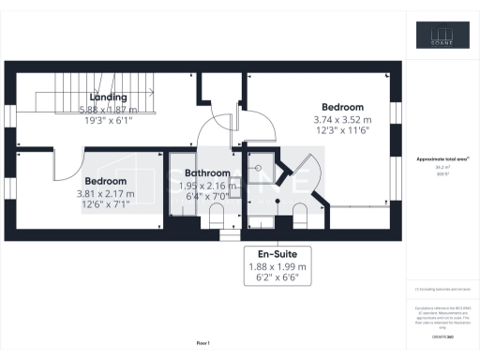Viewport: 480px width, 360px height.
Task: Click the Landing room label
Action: (109, 97)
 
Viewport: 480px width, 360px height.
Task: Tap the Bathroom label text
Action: (207, 173)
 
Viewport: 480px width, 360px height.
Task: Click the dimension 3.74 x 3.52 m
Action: (342, 120)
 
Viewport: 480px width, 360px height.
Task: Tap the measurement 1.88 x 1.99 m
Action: (277, 265)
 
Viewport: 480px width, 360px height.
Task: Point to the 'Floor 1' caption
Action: (203, 342)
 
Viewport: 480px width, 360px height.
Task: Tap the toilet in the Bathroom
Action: (217, 218)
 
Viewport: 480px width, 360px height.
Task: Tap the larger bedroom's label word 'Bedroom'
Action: (342, 107)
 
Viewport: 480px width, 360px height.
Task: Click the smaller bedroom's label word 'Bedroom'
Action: (105, 181)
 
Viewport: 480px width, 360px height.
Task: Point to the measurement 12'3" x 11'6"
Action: (342, 132)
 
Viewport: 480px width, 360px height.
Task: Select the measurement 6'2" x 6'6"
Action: (277, 278)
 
